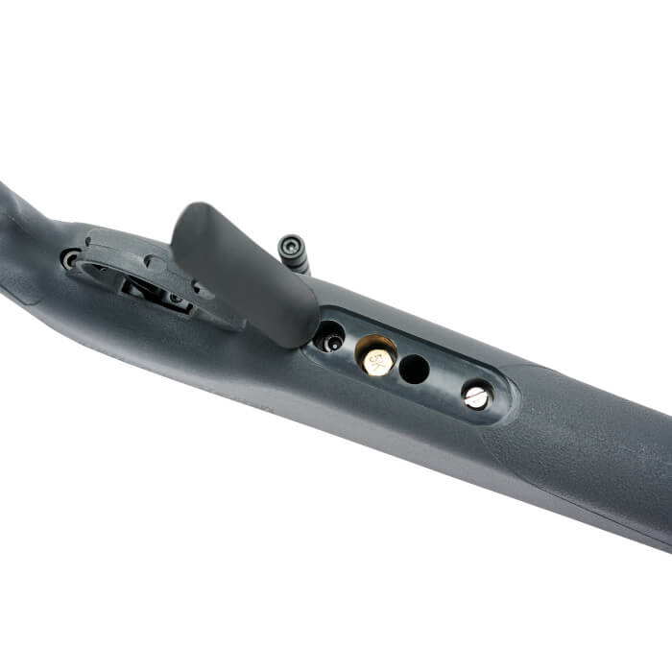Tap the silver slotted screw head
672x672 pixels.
476,395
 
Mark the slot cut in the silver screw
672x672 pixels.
476,396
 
